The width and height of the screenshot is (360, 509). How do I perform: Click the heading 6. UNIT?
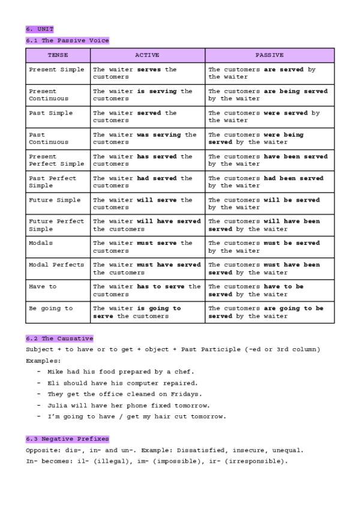pyautogui.click(x=40, y=28)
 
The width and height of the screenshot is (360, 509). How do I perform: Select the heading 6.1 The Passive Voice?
pyautogui.click(x=67, y=40)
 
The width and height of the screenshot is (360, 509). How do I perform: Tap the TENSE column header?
pyautogui.click(x=58, y=55)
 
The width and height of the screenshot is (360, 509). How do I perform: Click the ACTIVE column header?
pyautogui.click(x=147, y=55)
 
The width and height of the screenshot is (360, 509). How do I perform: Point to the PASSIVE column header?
pyautogui.click(x=269, y=55)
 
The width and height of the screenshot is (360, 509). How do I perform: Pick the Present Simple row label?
pyautogui.click(x=56, y=70)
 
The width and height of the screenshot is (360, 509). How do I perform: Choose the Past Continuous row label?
pyautogui.click(x=49, y=139)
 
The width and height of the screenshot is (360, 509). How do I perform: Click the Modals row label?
pyautogui.click(x=41, y=243)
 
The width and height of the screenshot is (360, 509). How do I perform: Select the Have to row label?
pyautogui.click(x=43, y=286)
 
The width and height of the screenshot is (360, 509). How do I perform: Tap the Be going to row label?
pyautogui.click(x=50, y=308)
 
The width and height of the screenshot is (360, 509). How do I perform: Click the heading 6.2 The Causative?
pyautogui.click(x=59, y=339)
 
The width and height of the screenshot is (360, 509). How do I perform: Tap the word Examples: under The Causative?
pyautogui.click(x=43, y=361)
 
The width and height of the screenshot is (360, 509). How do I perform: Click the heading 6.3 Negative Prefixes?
pyautogui.click(x=67, y=439)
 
